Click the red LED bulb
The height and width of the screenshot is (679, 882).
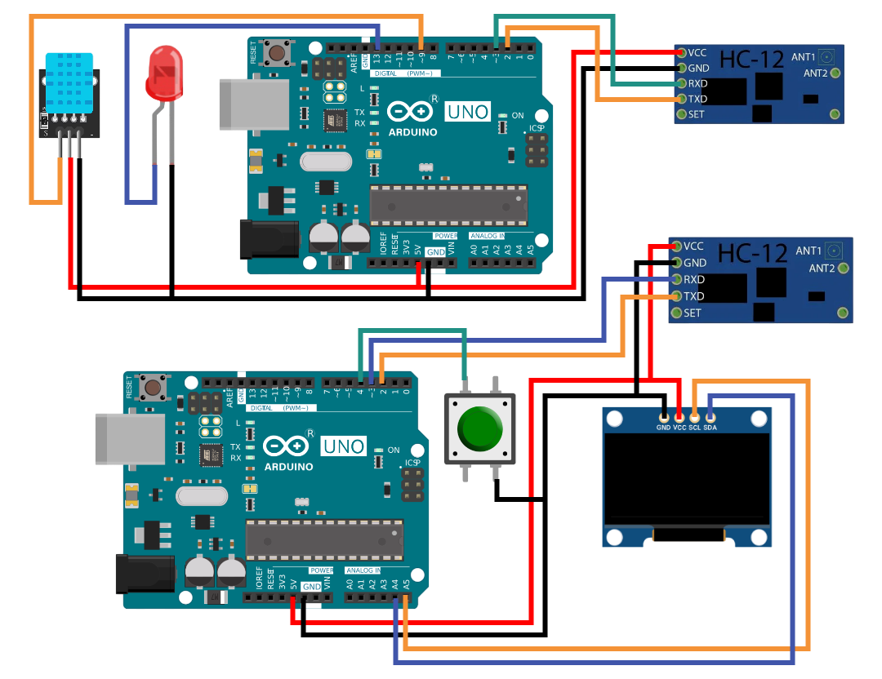pos(163,72)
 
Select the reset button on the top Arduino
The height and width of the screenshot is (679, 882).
pos(278,53)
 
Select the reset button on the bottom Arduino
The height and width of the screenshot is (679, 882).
pos(153,387)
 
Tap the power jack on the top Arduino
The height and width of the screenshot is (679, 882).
pos(267,240)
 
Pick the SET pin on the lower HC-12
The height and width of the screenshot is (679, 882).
pos(676,313)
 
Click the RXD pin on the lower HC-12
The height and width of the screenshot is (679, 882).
pos(676,279)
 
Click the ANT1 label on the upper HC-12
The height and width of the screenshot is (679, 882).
pos(803,57)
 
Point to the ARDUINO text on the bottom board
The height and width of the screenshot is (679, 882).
pos(288,467)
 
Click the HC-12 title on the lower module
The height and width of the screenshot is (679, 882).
pos(752,254)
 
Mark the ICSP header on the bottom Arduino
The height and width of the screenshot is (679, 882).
pos(413,486)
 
